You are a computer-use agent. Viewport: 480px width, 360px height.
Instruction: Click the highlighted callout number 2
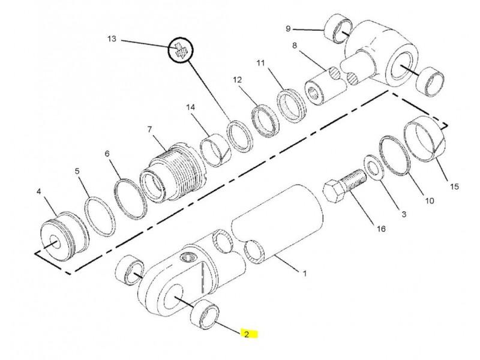pyautogui.click(x=247, y=334)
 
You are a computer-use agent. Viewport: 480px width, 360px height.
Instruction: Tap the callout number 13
pyautogui.click(x=112, y=39)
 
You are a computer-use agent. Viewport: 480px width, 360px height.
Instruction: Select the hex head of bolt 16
pyautogui.click(x=334, y=191)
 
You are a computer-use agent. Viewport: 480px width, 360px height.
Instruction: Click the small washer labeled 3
pyautogui.click(x=373, y=167)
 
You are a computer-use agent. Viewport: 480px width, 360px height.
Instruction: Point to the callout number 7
pyautogui.click(x=149, y=130)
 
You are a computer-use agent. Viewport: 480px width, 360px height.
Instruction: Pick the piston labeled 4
pyautogui.click(x=65, y=233)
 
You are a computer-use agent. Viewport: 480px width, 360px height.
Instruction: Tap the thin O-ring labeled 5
pyautogui.click(x=100, y=217)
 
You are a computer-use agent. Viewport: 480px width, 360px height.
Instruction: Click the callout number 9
pyautogui.click(x=288, y=28)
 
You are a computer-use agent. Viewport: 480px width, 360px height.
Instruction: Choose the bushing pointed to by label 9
pyautogui.click(x=338, y=28)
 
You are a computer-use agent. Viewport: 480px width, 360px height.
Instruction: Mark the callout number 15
pyautogui.click(x=455, y=186)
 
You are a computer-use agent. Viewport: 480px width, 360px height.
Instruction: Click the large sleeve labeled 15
pyautogui.click(x=425, y=138)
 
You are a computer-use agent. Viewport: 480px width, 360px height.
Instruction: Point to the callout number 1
pyautogui.click(x=305, y=273)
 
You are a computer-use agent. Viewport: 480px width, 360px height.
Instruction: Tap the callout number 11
pyautogui.click(x=260, y=63)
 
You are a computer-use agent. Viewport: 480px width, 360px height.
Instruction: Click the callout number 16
pyautogui.click(x=381, y=229)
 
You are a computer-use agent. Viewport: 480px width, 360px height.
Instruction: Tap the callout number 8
pyautogui.click(x=295, y=46)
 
